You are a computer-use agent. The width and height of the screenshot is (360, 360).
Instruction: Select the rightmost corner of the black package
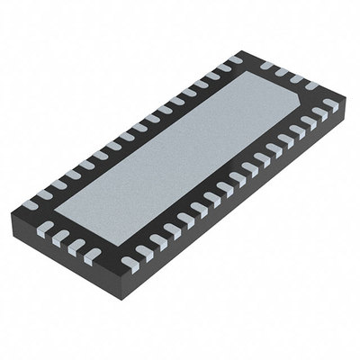pos(346,105)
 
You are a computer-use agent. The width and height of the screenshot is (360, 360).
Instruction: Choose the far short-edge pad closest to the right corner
pos(329,105)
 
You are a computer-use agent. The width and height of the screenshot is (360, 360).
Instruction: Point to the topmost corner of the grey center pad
pos(252,74)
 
